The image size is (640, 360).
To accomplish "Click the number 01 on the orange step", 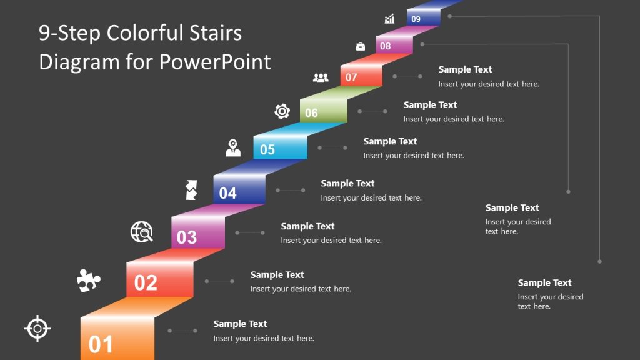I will [101, 344].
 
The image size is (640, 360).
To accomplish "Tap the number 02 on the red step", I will [146, 283].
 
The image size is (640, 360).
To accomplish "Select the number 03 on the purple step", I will [187, 237].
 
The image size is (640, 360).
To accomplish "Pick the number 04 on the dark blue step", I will [228, 193].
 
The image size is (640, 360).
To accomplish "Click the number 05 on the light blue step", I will [267, 149].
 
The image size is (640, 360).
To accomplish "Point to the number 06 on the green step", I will [311, 112].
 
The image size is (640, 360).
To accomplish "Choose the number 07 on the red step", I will [351, 77].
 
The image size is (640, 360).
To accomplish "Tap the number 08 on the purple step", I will [386, 46].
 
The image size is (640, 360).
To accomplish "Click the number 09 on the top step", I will [416, 19].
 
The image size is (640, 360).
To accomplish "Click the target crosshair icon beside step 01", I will [37, 328].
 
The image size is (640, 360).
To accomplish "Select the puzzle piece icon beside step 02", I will [88, 281].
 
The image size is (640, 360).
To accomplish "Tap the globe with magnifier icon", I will [142, 232].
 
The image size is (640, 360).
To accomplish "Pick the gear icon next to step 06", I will [282, 111].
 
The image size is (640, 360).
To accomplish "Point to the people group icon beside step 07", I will [321, 77].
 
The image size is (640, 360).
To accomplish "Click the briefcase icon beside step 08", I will [361, 46].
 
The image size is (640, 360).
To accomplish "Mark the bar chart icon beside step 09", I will [389, 19].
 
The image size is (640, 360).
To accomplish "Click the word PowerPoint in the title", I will [215, 61].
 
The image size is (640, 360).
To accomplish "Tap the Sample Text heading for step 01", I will [240, 324].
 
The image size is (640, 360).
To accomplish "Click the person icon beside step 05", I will [233, 148].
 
